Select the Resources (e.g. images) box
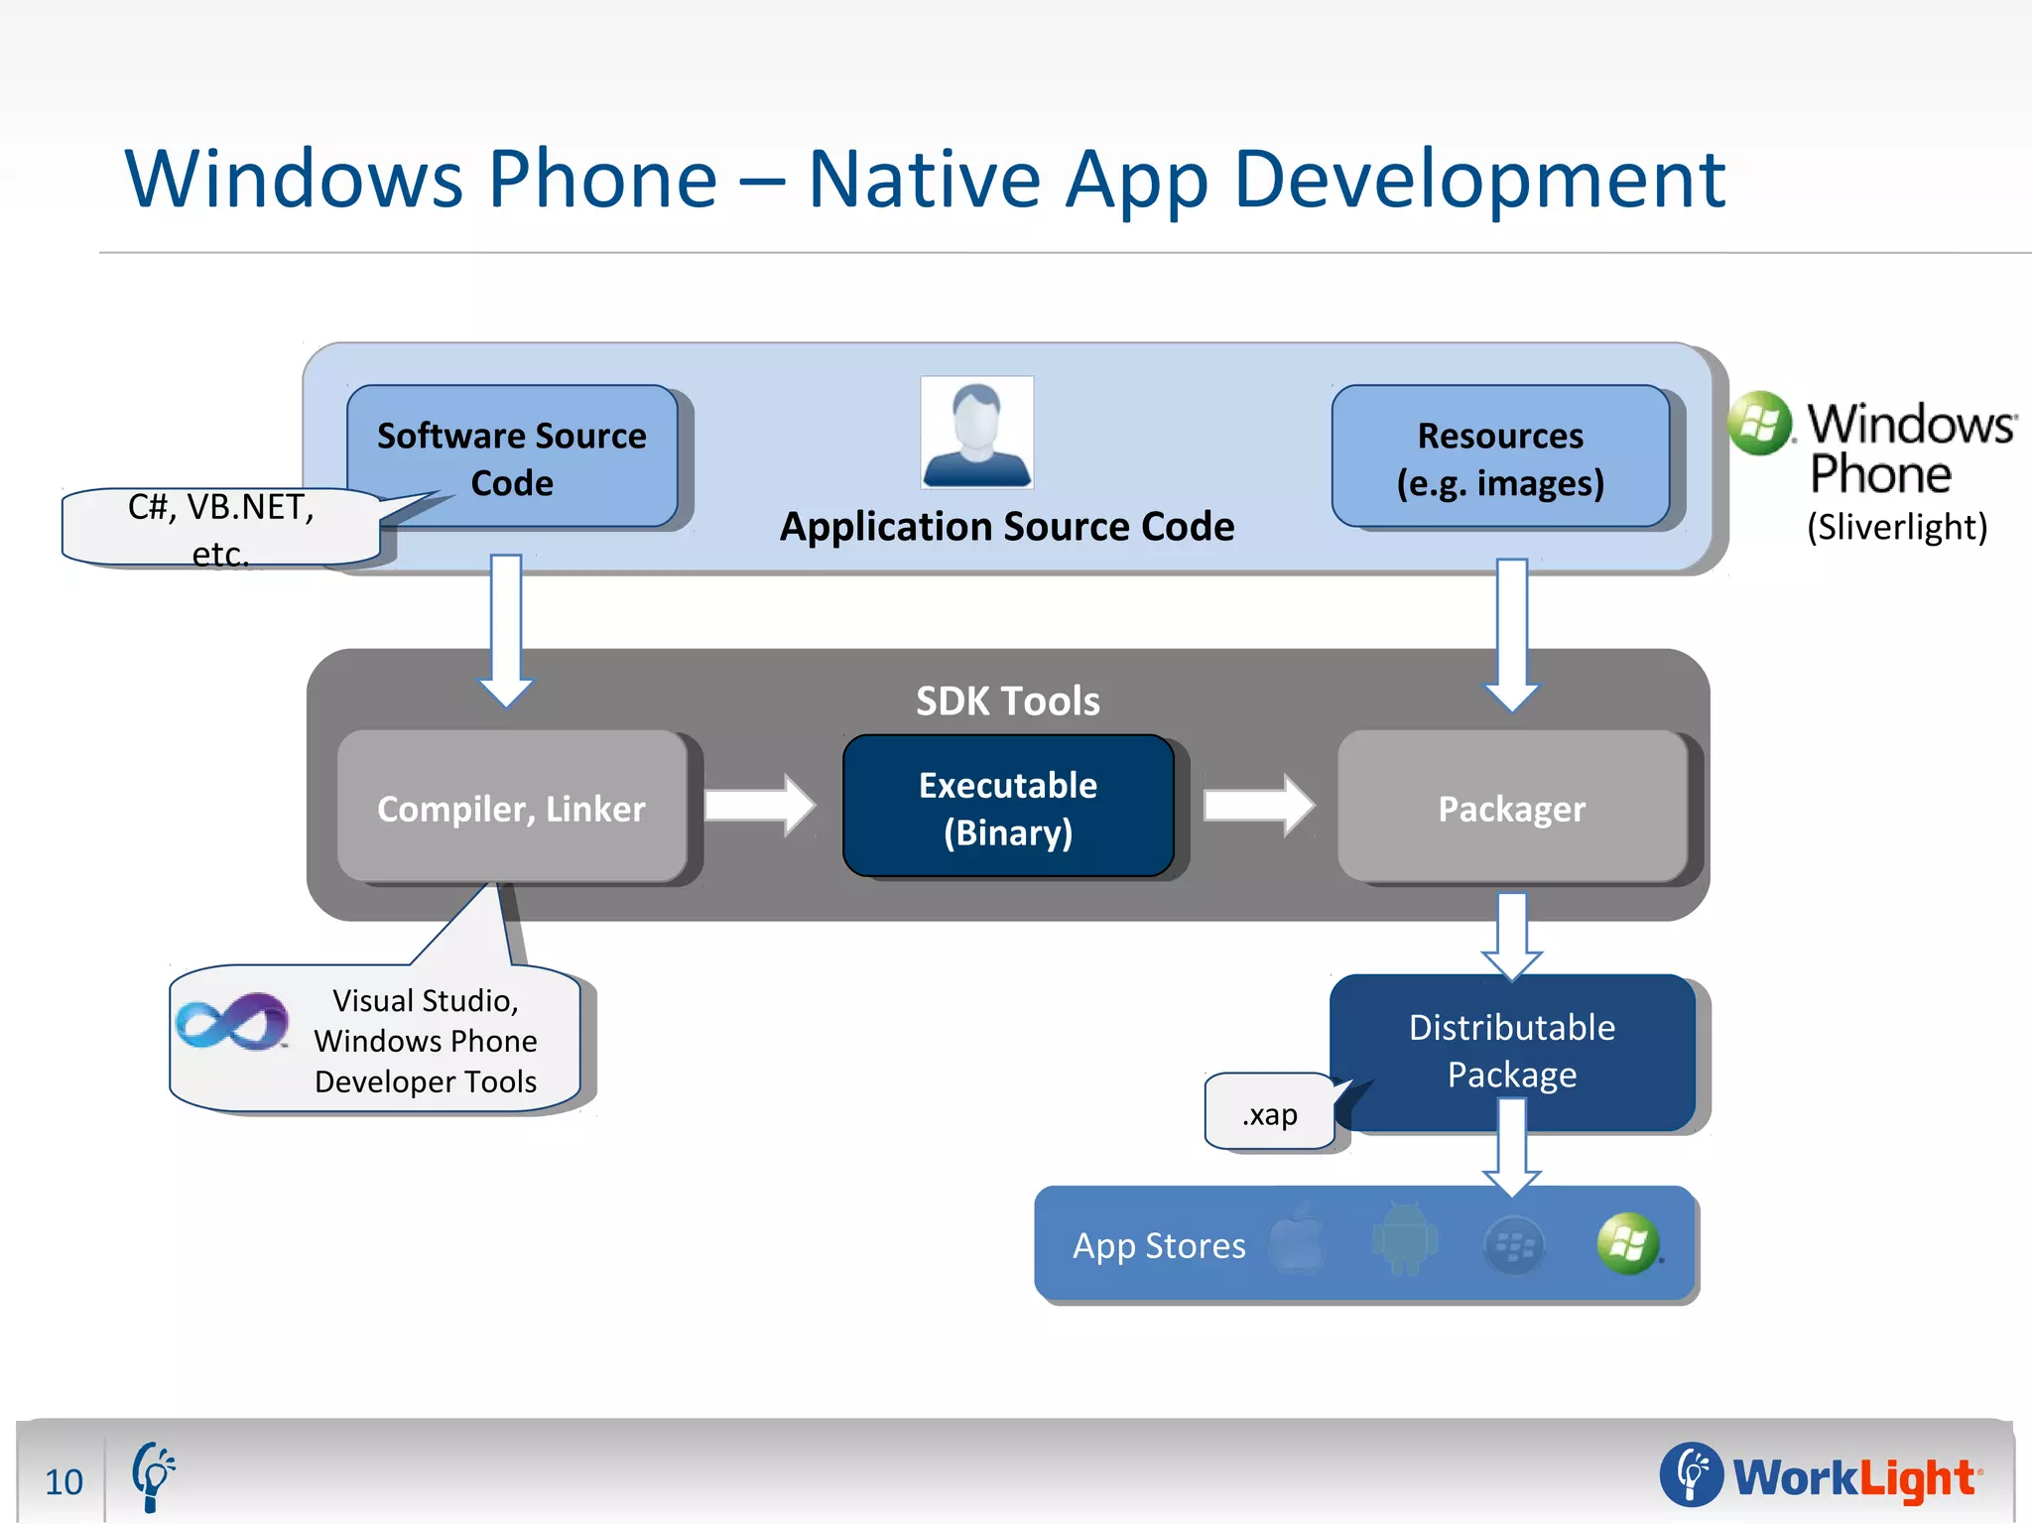tap(1500, 456)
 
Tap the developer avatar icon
tap(977, 433)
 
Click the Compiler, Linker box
tap(512, 808)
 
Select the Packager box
tap(1512, 808)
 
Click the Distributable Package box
tap(1512, 1050)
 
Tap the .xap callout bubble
tap(1270, 1113)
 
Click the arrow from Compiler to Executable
tap(760, 805)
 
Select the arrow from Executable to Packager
tap(1258, 805)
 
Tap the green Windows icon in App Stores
tap(1627, 1243)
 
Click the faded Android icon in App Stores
tap(1405, 1240)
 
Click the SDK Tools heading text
tap(1008, 700)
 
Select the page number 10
tap(63, 1481)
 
